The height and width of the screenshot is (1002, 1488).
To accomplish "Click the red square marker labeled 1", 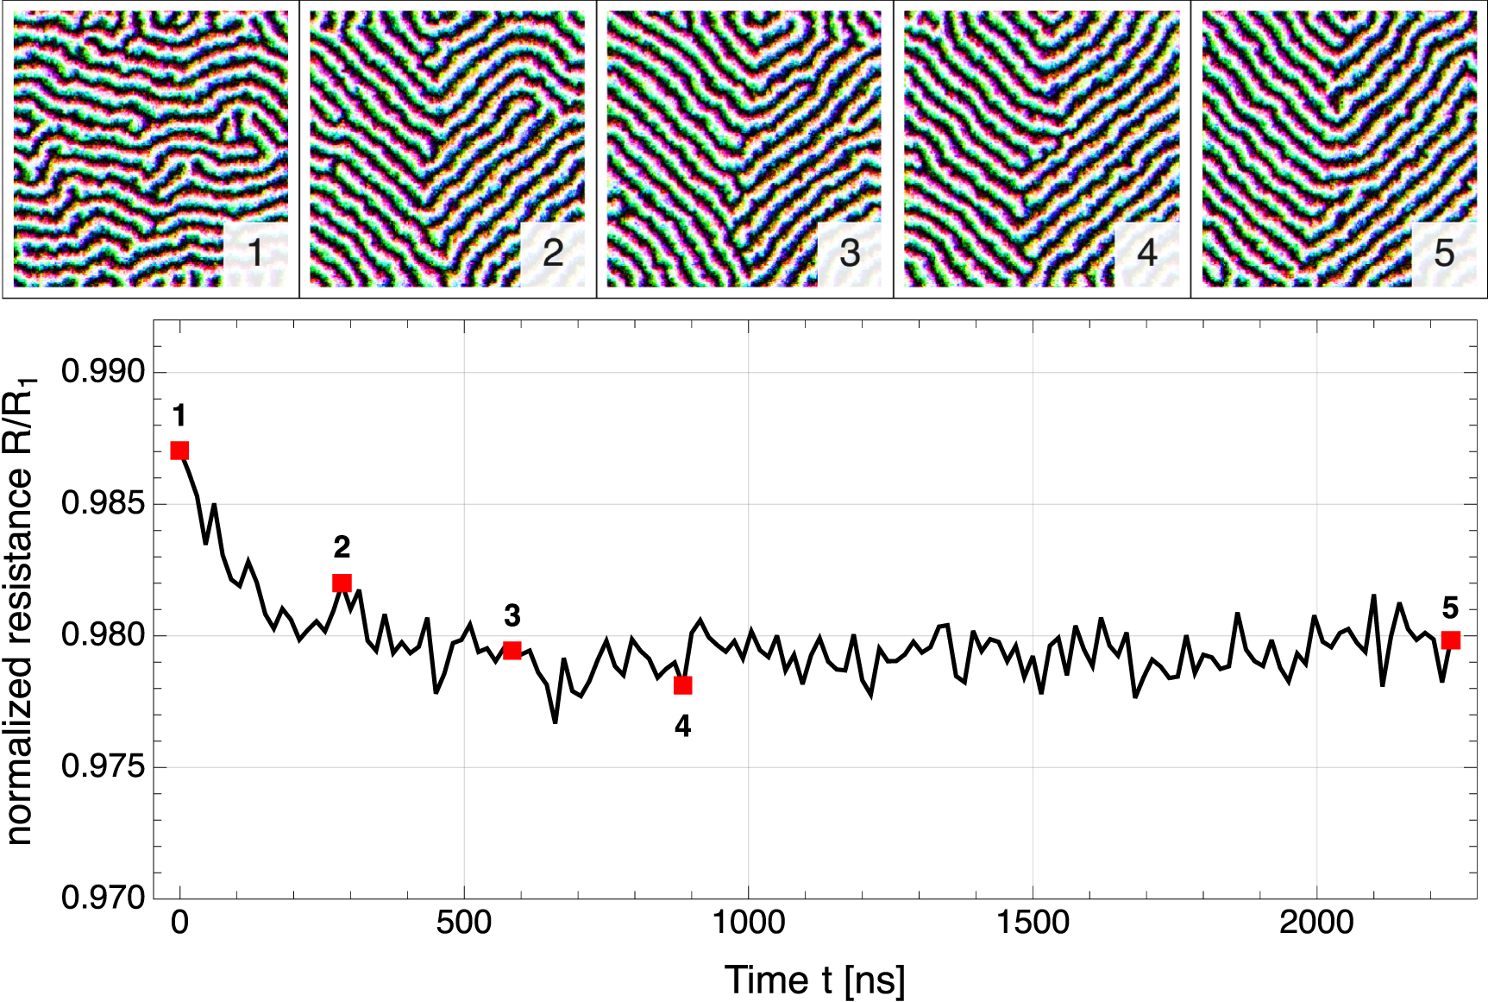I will pos(179,451).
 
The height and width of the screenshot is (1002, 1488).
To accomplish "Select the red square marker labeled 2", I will pos(342,583).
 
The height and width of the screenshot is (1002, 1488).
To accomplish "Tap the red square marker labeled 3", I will pos(512,650).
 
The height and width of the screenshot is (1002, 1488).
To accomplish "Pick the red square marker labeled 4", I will pos(682,685).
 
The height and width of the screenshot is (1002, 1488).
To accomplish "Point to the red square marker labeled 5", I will pos(1451,640).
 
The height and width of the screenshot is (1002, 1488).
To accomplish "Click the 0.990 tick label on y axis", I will pos(103,372).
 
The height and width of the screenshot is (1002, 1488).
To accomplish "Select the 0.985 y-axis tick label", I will pos(103,503).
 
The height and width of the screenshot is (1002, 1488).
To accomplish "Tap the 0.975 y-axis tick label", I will pos(103,766).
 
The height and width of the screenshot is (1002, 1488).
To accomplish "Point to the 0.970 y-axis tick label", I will pos(103,898).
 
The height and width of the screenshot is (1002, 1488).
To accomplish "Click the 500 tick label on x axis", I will pos(463,923).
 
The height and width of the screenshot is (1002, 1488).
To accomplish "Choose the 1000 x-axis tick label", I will pos(748,923).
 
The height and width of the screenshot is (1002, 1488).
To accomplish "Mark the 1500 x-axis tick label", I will pos(1033,923).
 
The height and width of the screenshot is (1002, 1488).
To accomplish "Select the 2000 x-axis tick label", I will pos(1316,923).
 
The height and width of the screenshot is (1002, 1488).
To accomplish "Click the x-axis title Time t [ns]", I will pos(814,980).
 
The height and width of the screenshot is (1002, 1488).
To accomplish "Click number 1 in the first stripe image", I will pos(255,253).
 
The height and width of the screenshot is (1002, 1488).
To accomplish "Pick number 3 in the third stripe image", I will pos(850,253).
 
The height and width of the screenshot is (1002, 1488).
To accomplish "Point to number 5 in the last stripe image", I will pos(1444,253).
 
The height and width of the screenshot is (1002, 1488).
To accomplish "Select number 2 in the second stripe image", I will pos(553,253).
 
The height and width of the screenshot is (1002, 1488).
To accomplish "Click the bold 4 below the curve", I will pos(682,727).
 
